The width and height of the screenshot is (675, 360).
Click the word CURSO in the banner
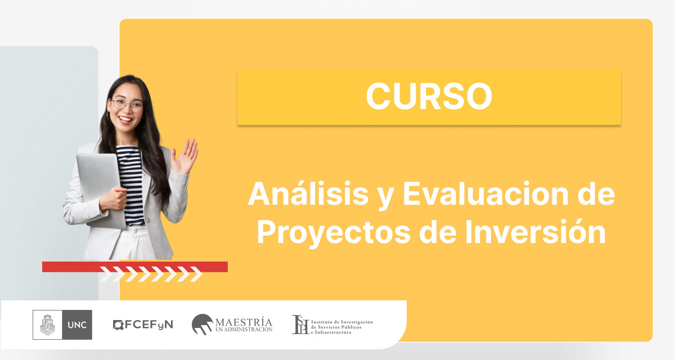(x=429, y=96)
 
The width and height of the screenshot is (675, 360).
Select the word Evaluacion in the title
(x=486, y=193)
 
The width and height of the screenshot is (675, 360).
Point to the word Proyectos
(x=334, y=232)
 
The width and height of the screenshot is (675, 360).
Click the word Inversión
(x=535, y=231)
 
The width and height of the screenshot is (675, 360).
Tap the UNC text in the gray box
(x=77, y=325)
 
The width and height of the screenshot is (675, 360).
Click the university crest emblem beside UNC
(x=48, y=325)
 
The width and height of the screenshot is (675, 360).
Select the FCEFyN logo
(x=143, y=325)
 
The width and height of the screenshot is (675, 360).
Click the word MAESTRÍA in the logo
(x=244, y=322)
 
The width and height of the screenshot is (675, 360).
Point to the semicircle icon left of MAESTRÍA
(x=202, y=324)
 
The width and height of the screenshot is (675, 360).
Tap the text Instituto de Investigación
(x=342, y=322)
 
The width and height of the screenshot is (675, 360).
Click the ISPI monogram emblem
(x=300, y=325)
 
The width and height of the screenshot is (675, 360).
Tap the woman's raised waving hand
(x=184, y=156)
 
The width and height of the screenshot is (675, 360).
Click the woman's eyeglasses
(x=127, y=105)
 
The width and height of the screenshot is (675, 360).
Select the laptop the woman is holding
(x=101, y=190)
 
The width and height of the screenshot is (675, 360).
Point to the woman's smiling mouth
(x=125, y=120)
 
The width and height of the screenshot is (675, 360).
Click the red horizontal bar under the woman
(x=134, y=267)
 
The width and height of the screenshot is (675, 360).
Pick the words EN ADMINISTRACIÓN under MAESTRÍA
(x=244, y=330)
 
